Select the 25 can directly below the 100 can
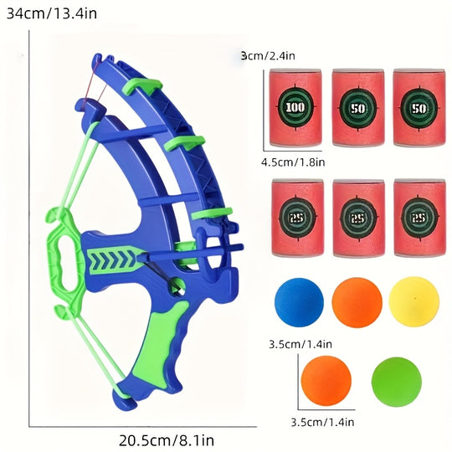295,217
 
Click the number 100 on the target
295,107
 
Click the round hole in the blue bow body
177,289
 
